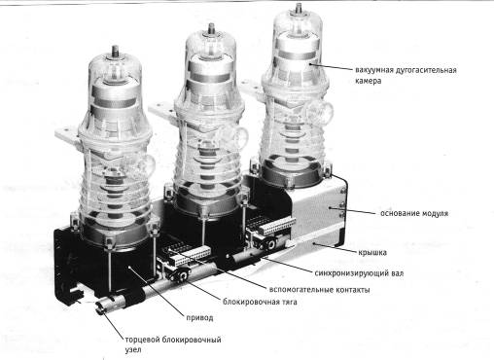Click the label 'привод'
coord(199,318)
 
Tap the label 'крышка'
coord(372,252)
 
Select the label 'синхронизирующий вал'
coord(359,273)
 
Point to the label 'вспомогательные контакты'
coord(319,289)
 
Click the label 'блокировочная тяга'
coord(260,302)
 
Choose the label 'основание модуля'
coord(414,213)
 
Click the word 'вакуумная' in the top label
coord(374,70)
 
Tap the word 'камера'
coord(368,81)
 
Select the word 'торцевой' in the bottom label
coord(142,340)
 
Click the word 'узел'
coord(133,350)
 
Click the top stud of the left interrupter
coord(115,52)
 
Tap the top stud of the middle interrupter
coord(211,29)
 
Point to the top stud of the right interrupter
coord(299,9)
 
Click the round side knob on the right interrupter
coord(319,110)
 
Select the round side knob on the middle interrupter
coord(233,136)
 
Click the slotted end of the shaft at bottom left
coord(101,307)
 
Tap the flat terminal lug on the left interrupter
coord(67,135)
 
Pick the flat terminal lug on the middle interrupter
coord(161,109)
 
